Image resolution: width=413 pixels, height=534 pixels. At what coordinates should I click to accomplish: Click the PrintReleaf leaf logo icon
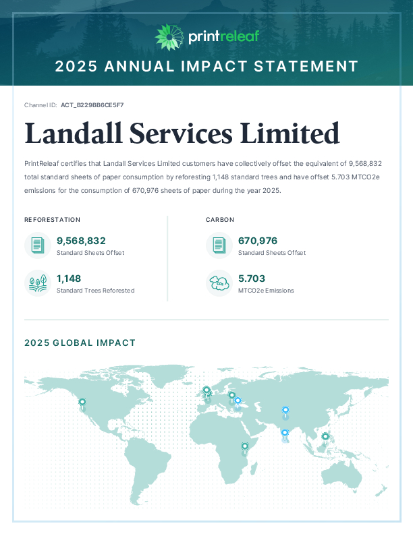[168, 37]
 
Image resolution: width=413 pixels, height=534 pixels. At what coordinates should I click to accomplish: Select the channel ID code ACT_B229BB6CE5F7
[92, 105]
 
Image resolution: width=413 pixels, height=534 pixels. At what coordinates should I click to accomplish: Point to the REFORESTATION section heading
[53, 220]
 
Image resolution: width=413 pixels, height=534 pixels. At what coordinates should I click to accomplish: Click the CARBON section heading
[221, 220]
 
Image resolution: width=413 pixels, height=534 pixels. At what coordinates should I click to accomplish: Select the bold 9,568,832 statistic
[81, 241]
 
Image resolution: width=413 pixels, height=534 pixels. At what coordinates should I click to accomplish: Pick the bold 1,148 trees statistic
[69, 278]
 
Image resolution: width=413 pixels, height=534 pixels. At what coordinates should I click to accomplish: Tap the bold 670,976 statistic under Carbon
[258, 241]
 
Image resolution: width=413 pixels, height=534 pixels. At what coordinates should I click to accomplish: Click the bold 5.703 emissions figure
[252, 278]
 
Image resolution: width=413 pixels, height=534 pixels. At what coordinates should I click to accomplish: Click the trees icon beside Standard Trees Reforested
[38, 283]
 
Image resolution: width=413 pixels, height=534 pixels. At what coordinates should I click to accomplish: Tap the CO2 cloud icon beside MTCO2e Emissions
[219, 283]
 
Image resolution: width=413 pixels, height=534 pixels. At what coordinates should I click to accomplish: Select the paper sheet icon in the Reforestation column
[38, 245]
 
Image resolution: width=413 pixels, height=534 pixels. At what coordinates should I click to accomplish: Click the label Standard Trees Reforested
[95, 291]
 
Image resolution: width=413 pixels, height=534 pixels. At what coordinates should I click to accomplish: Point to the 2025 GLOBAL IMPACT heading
[80, 343]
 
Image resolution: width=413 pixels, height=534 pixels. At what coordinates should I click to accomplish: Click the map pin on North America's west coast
[82, 403]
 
